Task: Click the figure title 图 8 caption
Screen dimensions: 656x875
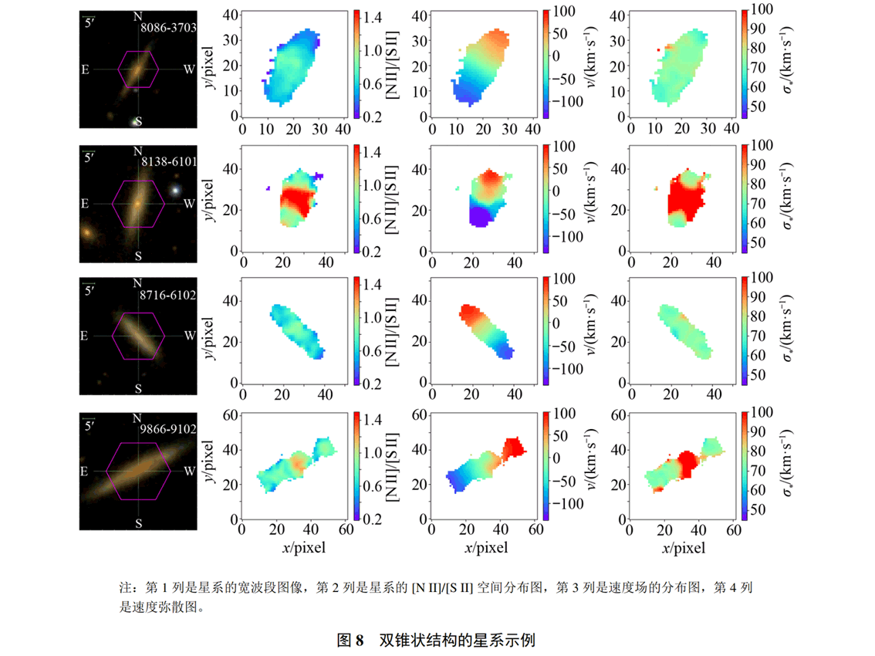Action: click(x=436, y=640)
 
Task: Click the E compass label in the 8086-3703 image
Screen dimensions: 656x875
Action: click(x=86, y=69)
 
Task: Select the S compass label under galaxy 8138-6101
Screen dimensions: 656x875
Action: click(x=138, y=254)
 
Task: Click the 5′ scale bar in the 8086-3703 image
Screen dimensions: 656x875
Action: click(x=90, y=19)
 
